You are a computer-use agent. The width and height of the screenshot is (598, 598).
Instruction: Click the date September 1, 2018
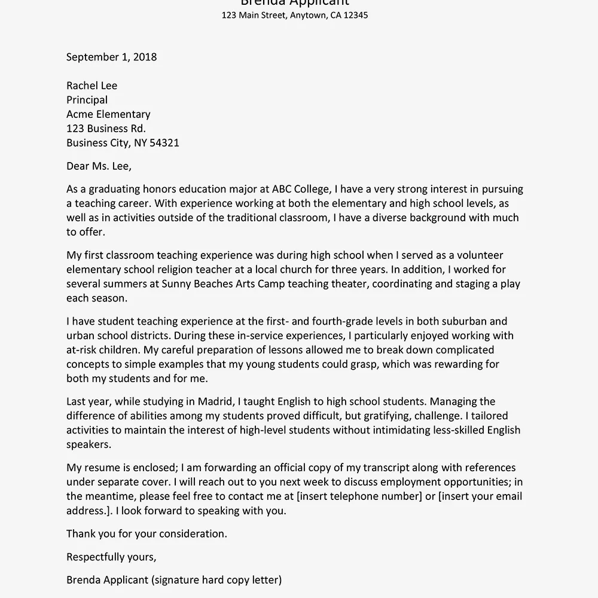coord(111,57)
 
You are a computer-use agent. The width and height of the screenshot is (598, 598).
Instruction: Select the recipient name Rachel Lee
coord(91,86)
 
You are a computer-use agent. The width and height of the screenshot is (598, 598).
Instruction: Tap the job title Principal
coord(87,100)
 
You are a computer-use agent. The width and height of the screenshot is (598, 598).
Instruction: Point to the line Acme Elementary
coord(108,114)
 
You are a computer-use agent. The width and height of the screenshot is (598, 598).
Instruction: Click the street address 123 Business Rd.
coord(106,129)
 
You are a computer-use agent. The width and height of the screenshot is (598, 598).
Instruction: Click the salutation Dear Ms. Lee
coord(99,166)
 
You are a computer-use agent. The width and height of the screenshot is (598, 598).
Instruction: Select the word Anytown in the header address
coord(308,16)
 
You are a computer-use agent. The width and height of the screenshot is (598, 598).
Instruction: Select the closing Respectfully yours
coord(111,557)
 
